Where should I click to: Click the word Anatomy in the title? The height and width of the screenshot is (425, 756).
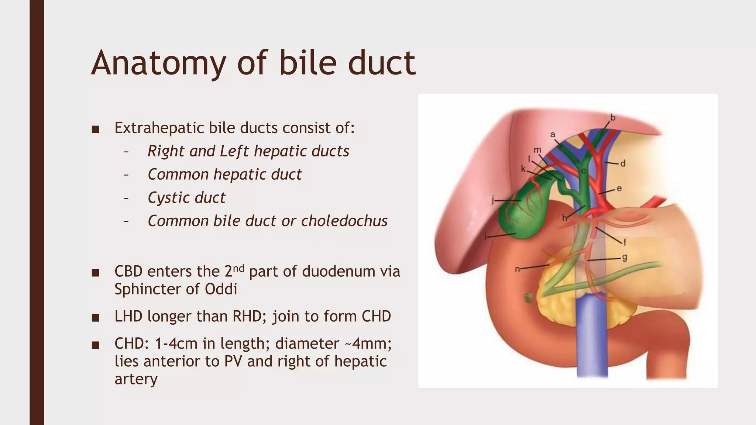[x=158, y=63]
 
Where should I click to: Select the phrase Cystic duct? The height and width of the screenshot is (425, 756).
[x=186, y=198]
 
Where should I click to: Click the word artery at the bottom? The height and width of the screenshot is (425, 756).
[x=136, y=379]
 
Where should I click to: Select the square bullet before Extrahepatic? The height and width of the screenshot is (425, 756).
[x=96, y=129]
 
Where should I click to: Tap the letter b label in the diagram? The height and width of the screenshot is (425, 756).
[x=612, y=118]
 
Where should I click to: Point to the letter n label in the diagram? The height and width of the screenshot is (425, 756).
[x=518, y=269]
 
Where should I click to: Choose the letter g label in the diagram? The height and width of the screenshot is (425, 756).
[x=624, y=257]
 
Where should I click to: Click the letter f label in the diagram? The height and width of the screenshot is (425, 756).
[x=625, y=242]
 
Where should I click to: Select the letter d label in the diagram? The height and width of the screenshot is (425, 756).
[x=623, y=163]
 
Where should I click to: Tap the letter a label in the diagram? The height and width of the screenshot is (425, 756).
[x=553, y=135]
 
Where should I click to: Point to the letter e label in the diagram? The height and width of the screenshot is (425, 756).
[x=619, y=188]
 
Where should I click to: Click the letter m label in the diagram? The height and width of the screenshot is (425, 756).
[x=537, y=150]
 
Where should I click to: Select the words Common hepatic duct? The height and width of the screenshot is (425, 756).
[x=224, y=175]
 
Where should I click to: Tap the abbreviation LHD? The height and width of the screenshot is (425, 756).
[x=128, y=317]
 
